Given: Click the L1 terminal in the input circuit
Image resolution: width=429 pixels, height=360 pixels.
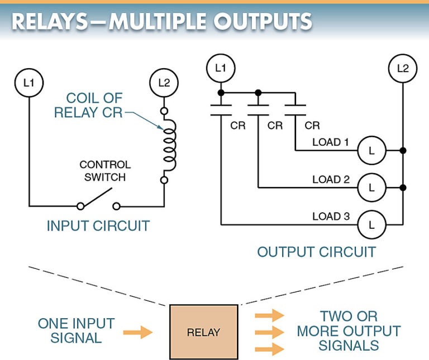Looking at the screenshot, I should click(28, 83).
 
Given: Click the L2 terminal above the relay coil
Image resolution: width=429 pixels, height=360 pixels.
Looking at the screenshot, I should click(164, 83).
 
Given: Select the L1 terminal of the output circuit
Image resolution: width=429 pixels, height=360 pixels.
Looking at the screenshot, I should click(221, 68).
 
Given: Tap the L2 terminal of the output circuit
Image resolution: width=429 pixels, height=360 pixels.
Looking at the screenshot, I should click(402, 68).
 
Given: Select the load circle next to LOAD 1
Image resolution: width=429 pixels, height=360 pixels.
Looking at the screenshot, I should click(371, 151).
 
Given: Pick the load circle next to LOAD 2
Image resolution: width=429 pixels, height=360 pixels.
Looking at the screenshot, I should click(371, 188).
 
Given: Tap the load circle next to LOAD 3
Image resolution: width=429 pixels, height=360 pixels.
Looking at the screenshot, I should click(371, 224).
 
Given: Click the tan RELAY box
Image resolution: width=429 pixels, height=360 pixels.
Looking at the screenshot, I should click(203, 332).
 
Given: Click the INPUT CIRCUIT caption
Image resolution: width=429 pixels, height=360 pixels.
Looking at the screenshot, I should click(98, 226).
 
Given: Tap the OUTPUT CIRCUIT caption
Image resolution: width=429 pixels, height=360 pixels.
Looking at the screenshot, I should click(316, 252).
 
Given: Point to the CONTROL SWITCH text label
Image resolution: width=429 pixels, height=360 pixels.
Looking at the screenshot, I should click(105, 171).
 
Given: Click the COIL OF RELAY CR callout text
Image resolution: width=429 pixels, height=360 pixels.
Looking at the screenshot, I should click(95, 105).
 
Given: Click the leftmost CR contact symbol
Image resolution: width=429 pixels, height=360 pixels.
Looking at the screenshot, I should click(221, 109).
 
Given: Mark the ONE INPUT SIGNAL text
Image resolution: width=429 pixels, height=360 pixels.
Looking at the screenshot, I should click(76, 330).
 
